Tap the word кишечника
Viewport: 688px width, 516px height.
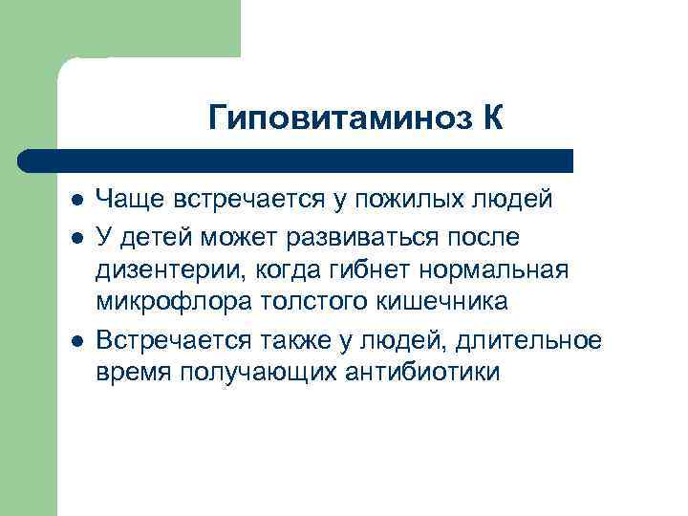pyautogui.click(x=444, y=303)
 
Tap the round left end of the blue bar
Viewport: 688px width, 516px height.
pyautogui.click(x=26, y=160)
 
